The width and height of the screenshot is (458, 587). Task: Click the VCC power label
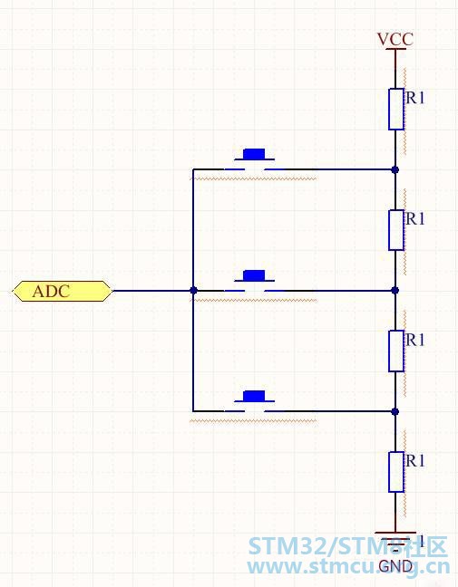pos(395,39)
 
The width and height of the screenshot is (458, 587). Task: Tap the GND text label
pos(395,566)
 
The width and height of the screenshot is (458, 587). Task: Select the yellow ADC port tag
pos(63,291)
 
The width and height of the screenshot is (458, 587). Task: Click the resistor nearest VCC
pos(395,109)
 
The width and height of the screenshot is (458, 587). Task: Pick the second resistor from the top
pos(395,230)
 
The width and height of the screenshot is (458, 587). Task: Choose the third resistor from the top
pos(395,351)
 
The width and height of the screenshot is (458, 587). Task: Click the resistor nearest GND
pos(395,472)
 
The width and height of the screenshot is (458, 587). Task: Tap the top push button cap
pos(254,154)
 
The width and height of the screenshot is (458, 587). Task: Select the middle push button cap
pos(254,275)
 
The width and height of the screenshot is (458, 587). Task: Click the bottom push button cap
pos(254,396)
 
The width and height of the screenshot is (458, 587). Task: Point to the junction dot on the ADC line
pos(193,290)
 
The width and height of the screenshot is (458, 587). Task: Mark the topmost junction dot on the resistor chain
pos(395,169)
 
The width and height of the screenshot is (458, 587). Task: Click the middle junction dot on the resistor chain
pos(395,290)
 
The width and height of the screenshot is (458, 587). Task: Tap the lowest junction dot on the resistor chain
pos(395,411)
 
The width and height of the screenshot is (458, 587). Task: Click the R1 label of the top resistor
pos(415,97)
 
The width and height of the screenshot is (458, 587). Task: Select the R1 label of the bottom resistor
pos(415,460)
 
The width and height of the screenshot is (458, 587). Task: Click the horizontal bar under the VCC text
pos(395,49)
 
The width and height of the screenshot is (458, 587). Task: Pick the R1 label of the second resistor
pos(415,218)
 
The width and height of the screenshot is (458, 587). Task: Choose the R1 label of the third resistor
pos(415,340)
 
